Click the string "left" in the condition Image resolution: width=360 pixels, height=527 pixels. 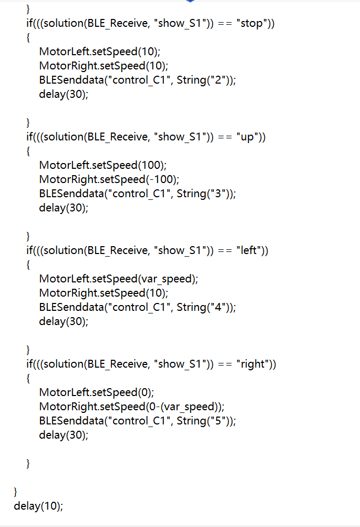click(249, 250)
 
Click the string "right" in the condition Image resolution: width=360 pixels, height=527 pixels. click(253, 364)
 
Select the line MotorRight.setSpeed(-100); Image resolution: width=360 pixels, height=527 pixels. click(109, 179)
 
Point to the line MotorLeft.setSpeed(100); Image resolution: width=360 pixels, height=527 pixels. click(103, 165)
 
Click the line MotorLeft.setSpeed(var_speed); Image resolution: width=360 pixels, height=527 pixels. click(119, 279)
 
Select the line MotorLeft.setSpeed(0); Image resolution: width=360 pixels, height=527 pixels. click(96, 392)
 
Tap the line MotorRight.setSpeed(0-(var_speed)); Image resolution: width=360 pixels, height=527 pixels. click(131, 407)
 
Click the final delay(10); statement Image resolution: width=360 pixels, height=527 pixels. click(38, 506)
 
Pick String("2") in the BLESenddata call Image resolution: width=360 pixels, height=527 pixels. click(204, 80)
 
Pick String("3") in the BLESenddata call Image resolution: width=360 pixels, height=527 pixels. click(204, 194)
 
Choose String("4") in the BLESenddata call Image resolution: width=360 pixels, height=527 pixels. click(204, 308)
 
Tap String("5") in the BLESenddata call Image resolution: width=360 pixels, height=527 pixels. click(204, 421)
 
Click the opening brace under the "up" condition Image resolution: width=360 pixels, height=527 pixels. click(28, 151)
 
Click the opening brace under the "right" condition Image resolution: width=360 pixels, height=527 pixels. click(28, 379)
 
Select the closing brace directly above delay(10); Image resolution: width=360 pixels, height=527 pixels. click(15, 492)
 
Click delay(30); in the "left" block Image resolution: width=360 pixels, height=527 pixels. click(64, 322)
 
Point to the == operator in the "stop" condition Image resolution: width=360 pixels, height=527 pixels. click(224, 24)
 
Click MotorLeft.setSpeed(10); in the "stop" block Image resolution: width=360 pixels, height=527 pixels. click(100, 52)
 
